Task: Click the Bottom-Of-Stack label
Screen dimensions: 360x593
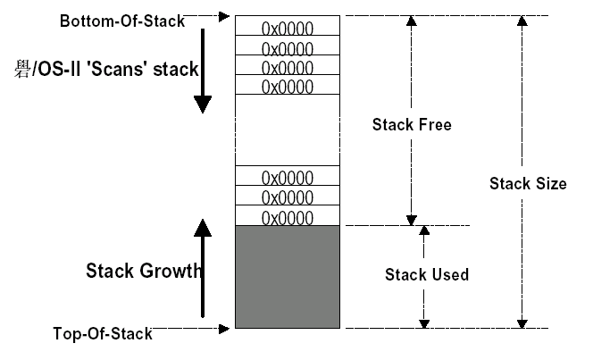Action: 122,20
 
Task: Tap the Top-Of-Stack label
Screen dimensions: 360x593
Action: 102,334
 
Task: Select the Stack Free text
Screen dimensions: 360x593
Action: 411,125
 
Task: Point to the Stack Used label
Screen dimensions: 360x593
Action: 426,274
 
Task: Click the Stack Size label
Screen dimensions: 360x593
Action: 528,184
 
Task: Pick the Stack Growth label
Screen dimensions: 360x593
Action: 143,271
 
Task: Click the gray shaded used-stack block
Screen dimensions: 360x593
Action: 287,276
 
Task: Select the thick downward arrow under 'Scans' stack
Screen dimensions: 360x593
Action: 203,71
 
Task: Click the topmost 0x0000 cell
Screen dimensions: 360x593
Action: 287,27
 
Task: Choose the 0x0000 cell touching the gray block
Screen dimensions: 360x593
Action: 287,216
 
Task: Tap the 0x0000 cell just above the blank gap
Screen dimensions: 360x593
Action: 287,86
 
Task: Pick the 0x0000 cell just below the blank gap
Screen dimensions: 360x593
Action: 287,177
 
